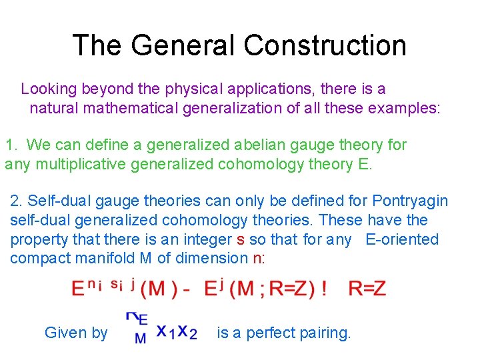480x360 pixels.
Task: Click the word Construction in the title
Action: [x=325, y=45]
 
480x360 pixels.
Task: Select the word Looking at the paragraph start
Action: [x=48, y=89]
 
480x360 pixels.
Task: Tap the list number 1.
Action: [x=10, y=145]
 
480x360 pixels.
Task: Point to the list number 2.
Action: [x=17, y=201]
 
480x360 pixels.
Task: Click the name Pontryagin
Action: [x=410, y=201]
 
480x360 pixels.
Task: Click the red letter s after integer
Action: [x=241, y=239]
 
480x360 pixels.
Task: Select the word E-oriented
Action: [x=402, y=239]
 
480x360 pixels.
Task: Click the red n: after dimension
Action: [x=259, y=258]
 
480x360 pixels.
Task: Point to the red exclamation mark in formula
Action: [x=324, y=289]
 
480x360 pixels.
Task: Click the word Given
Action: [x=64, y=333]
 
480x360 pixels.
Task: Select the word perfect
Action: [x=273, y=333]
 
